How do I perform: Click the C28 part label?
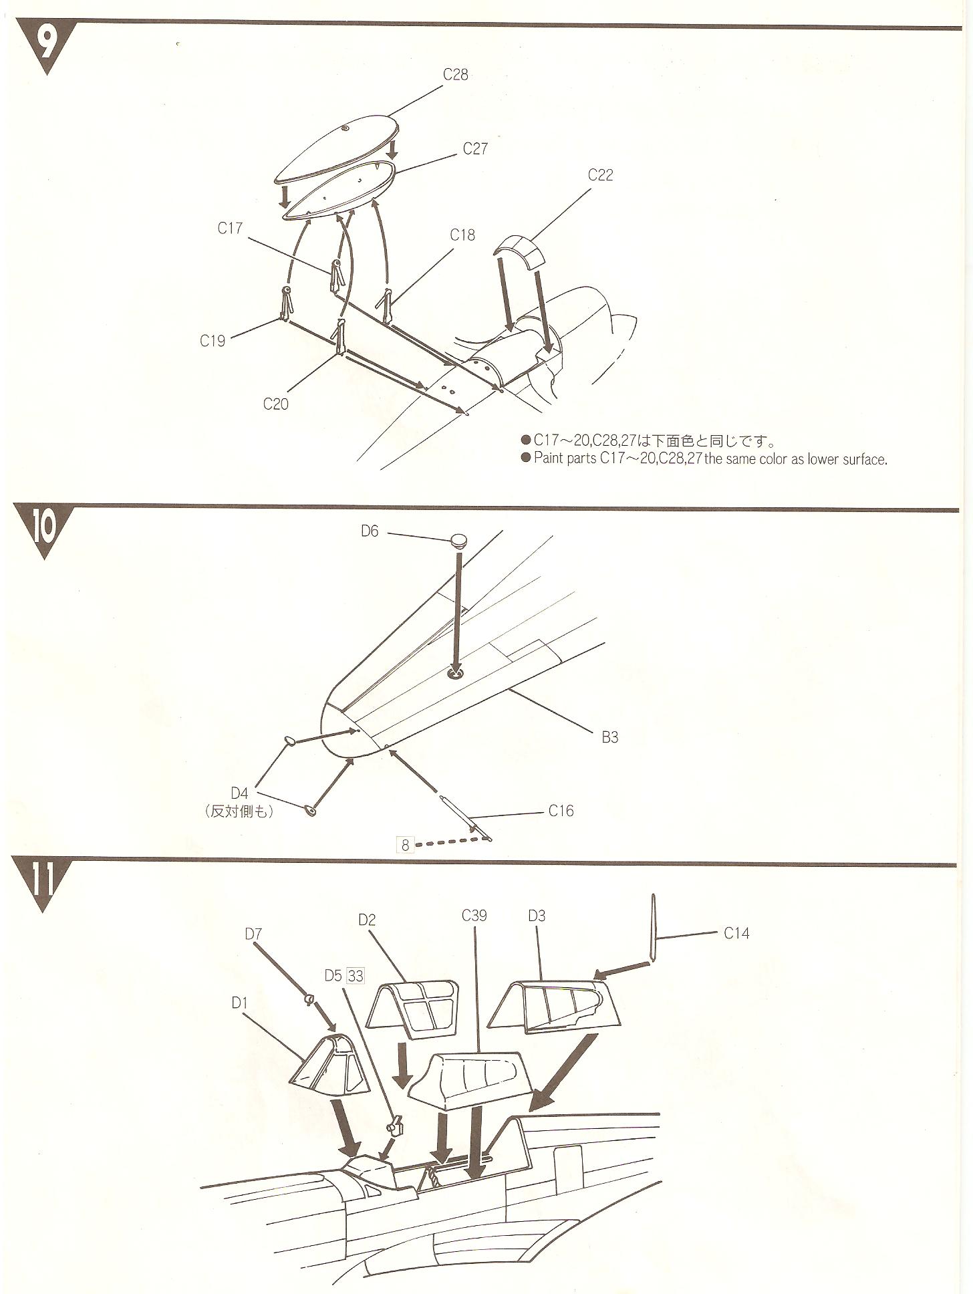coord(455,74)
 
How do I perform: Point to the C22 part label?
coord(600,175)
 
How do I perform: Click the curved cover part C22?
coord(519,251)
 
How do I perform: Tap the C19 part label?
coord(213,340)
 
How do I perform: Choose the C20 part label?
coord(275,404)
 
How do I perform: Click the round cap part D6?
coord(458,540)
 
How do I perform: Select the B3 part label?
coord(609,737)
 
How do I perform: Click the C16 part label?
coord(561,811)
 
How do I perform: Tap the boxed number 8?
coord(405,845)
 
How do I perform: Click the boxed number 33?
coord(356,977)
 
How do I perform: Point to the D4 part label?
coord(239,793)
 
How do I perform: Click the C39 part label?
coord(474,915)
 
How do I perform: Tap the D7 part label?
coord(253,933)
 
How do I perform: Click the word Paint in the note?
coord(548,459)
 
